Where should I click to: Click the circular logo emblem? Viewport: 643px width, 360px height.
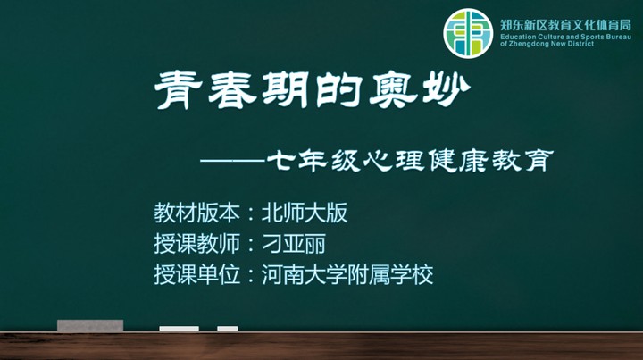pos(468,33)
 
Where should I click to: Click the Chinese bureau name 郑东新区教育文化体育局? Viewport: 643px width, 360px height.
pos(565,25)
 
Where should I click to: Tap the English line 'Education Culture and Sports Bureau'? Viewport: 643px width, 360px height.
pos(565,37)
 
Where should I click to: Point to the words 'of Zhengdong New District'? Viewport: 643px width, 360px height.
pos(547,44)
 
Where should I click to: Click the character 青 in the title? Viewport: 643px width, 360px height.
pos(179,90)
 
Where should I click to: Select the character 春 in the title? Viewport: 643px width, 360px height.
pos(232,90)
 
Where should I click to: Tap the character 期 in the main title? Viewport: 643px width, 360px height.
pos(285,90)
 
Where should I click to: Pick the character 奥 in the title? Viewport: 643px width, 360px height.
pos(393,91)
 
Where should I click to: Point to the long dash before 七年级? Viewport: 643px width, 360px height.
pos(232,160)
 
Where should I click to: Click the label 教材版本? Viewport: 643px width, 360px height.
pos(196,213)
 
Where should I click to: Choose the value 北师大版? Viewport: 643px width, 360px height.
pos(305,213)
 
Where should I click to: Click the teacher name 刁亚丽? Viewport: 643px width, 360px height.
pos(294,244)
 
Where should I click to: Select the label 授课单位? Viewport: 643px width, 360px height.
pos(196,274)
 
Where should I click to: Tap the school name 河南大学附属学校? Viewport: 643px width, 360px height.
pos(347,274)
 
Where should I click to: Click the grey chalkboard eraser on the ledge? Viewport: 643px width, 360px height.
pos(90,325)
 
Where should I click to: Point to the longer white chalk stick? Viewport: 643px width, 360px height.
pos(179,329)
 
